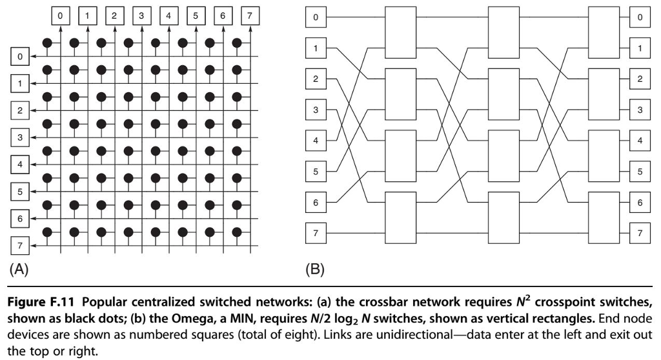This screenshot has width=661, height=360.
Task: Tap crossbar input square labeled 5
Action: point(20,192)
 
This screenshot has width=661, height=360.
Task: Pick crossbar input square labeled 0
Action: point(20,57)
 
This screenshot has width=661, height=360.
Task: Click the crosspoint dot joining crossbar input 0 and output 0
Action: point(46,43)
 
